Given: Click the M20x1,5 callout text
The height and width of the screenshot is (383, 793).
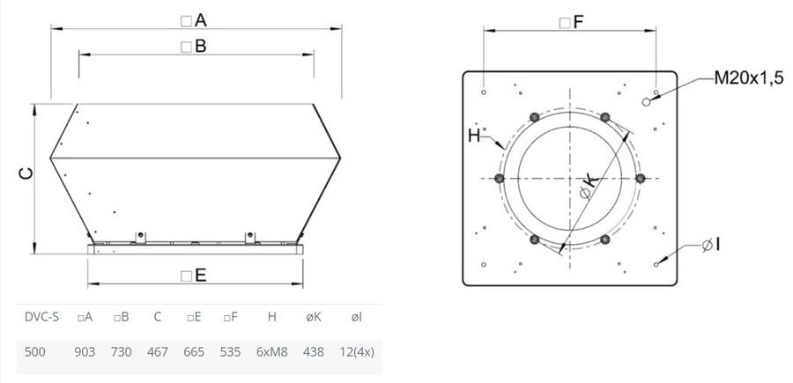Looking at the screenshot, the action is pyautogui.click(x=748, y=78).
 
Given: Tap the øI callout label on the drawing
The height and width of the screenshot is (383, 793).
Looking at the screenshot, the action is pyautogui.click(x=710, y=245).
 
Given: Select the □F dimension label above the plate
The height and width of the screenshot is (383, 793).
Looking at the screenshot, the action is pyautogui.click(x=572, y=22).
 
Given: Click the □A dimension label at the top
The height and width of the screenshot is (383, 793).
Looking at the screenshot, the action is pyautogui.click(x=194, y=21).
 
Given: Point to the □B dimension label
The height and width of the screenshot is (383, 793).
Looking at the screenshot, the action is pyautogui.click(x=194, y=47).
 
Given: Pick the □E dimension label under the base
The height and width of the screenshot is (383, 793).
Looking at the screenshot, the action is pyautogui.click(x=194, y=276).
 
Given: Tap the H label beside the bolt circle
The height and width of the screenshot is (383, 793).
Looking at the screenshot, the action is pyautogui.click(x=474, y=136).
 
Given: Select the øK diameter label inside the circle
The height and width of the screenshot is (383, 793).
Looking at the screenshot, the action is pyautogui.click(x=589, y=187).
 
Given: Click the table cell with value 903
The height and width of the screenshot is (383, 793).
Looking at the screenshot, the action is pyautogui.click(x=85, y=351).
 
